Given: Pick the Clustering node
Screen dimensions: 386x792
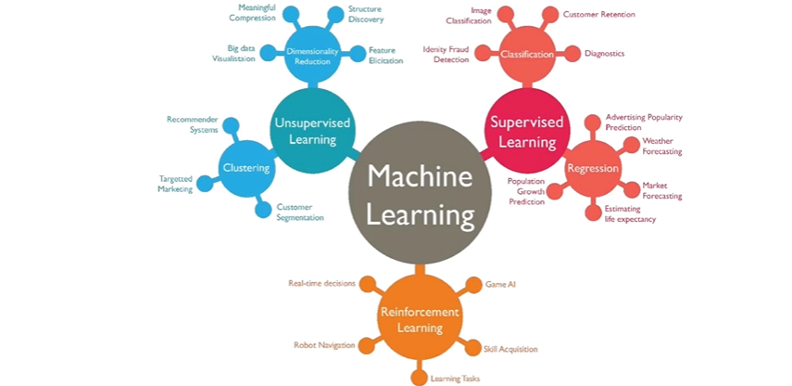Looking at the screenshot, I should point(245,168).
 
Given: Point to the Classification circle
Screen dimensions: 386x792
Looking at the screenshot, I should point(526,54).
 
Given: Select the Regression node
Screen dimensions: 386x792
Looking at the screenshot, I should point(592,168).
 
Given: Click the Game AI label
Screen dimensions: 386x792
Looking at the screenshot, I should point(500,284).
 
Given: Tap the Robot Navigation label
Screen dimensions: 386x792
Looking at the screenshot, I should point(324,345).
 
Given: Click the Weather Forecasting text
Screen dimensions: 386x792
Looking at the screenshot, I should point(662,146).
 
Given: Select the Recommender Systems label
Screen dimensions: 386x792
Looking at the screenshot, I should point(192,124).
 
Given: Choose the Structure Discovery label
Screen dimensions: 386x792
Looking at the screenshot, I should point(365,14).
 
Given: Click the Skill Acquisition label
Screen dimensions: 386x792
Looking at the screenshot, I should point(510,349).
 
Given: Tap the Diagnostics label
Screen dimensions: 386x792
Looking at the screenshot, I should point(604,54).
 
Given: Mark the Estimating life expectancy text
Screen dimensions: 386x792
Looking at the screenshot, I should point(631,214).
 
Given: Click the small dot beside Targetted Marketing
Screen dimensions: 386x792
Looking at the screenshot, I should point(205,184).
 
